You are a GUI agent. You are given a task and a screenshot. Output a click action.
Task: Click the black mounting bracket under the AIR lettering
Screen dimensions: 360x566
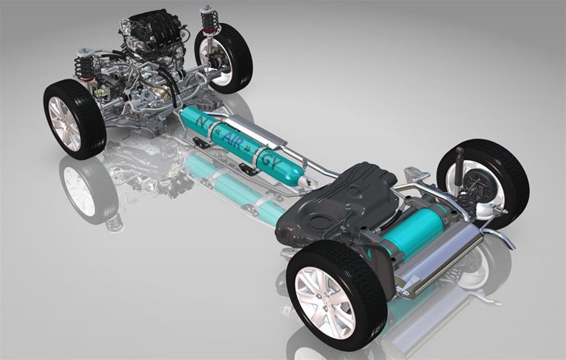pyautogui.click(x=245, y=167)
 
